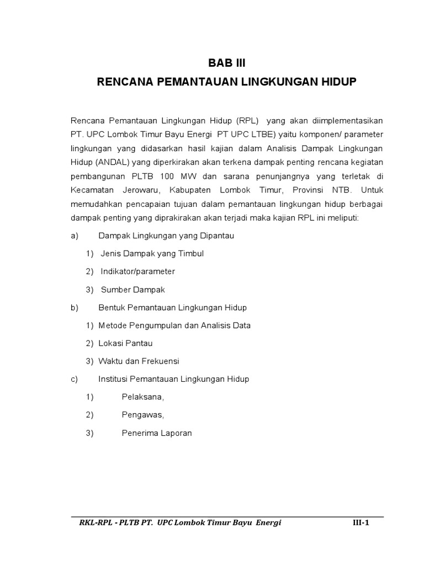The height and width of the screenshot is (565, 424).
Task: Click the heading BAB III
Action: click(227, 63)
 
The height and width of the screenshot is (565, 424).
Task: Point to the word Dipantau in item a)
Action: click(217, 236)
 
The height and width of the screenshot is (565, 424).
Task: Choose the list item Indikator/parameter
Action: click(137, 271)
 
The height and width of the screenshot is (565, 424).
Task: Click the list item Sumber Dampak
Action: click(133, 289)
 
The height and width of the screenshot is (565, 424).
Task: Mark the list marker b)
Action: click(76, 307)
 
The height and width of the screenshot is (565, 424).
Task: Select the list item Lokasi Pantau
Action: click(125, 343)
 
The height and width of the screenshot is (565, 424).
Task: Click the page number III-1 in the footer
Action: click(361, 523)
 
